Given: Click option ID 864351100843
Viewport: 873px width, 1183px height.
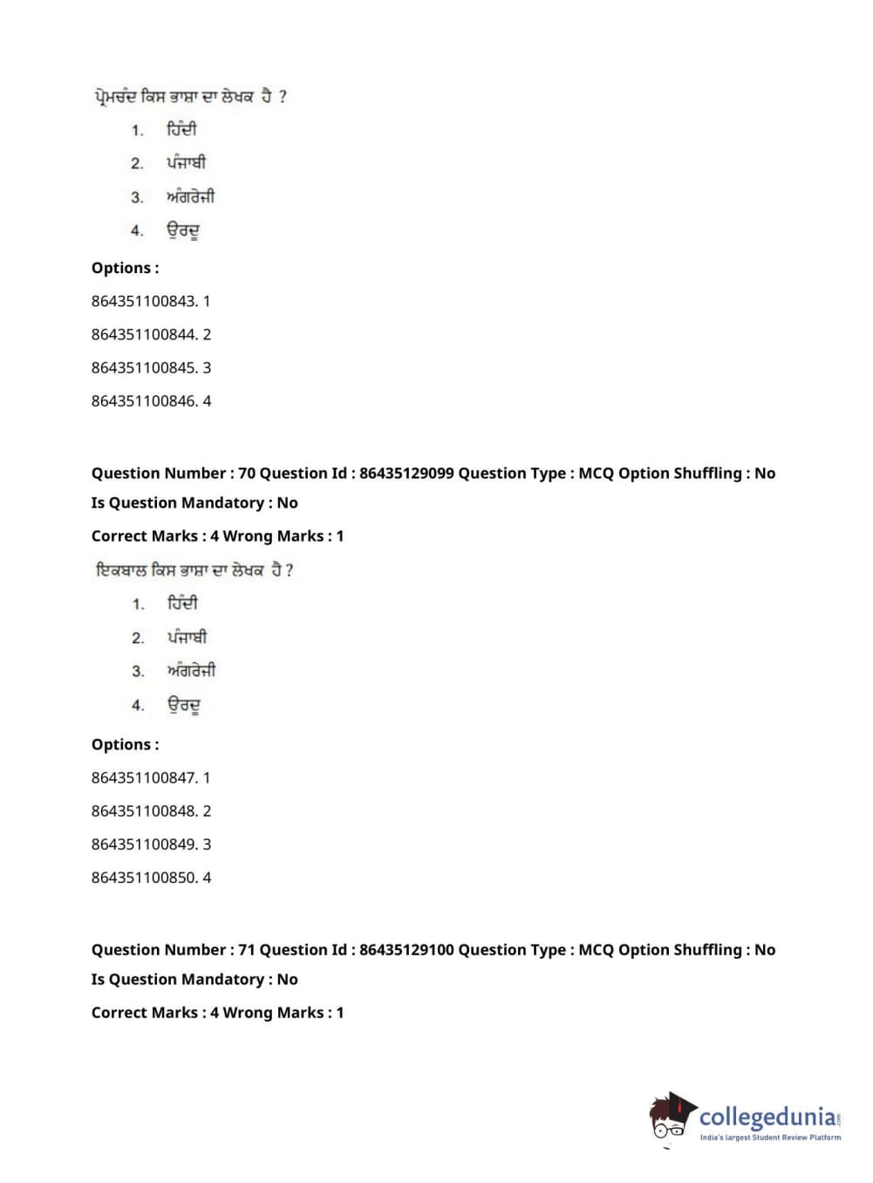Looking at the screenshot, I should coord(144,301).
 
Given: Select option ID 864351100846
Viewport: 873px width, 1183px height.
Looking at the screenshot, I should coord(144,401).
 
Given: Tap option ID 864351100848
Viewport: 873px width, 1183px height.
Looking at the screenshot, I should coord(144,811).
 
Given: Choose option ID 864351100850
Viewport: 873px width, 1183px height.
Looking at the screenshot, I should coord(144,878).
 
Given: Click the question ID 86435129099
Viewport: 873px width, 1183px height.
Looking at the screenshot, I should coord(406,474).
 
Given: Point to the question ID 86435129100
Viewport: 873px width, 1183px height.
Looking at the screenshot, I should coord(406,950).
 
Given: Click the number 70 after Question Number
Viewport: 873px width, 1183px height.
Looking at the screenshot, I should coord(247,474).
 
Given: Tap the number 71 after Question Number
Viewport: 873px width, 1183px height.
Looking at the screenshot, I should coord(247,950).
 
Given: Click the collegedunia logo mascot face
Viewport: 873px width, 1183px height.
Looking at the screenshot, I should coord(671,1117).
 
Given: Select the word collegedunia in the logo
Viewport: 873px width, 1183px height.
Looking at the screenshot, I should coord(767,1117).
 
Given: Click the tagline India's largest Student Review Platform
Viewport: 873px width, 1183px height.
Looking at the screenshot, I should coord(770,1138).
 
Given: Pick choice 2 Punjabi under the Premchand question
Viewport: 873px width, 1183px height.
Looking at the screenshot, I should coord(186,163).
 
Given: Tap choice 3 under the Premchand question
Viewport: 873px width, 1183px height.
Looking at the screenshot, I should coord(190,197).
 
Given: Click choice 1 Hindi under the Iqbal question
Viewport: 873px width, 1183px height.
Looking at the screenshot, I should coord(182,603).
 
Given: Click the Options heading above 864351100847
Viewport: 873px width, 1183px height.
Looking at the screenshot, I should coord(125,745).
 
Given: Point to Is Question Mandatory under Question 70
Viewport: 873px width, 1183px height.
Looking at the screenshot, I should coord(194,503).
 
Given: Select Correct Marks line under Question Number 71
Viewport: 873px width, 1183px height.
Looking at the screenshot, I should coord(217,1013).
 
